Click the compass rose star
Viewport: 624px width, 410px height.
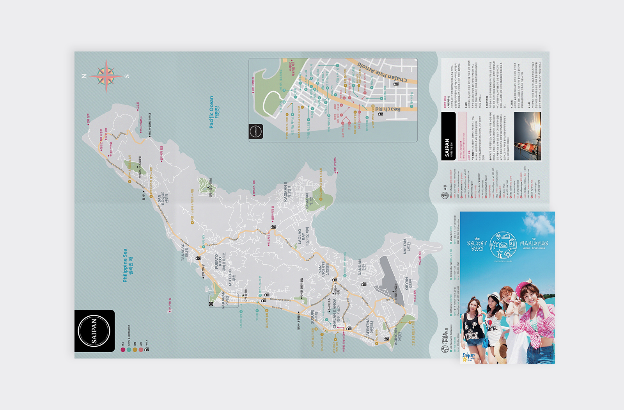(x=106, y=75)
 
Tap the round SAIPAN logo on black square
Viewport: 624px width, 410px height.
(x=94, y=331)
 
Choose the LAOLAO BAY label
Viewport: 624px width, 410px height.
(x=303, y=237)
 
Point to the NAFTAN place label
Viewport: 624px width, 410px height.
(x=407, y=246)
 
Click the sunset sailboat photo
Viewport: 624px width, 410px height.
(x=527, y=136)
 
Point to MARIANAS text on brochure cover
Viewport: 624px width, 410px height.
(x=534, y=243)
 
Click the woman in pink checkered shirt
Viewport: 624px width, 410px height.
(x=534, y=320)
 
